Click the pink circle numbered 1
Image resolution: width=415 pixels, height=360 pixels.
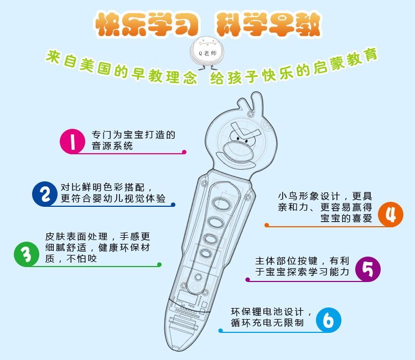point(73,140)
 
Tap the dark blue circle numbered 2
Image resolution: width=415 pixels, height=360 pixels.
point(45,194)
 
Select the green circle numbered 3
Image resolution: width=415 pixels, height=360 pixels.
point(26,254)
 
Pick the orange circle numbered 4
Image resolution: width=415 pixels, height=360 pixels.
point(391,213)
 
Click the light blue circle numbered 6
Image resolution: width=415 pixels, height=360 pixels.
point(328,320)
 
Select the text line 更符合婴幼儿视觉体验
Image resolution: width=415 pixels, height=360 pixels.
point(113,199)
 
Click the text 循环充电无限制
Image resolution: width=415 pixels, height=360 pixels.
point(267,322)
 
